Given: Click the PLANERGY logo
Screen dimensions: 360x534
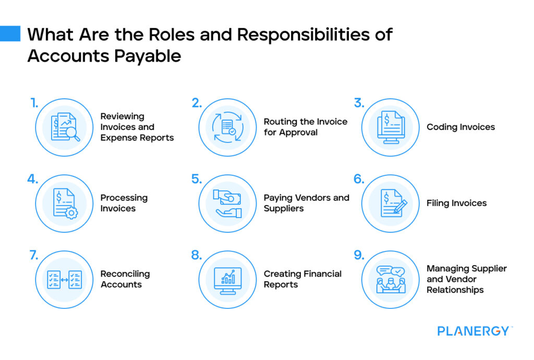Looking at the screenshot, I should tap(474, 330).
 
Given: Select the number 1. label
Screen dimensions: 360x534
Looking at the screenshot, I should tap(34, 103).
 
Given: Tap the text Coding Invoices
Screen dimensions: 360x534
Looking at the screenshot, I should tap(460, 127).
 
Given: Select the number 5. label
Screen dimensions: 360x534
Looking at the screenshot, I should tap(196, 179).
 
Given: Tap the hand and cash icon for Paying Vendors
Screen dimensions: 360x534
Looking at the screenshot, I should tap(227, 203).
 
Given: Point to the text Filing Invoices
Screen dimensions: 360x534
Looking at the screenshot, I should tap(456, 203).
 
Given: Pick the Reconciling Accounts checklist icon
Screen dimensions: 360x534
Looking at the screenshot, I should tap(64, 280).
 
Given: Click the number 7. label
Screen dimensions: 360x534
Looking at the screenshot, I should tap(33, 256).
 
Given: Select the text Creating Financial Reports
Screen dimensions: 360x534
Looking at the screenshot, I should tap(302, 279).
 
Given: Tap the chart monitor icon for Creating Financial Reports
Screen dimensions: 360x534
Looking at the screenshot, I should tap(227, 280).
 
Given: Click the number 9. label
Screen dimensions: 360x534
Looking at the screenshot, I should tap(359, 256).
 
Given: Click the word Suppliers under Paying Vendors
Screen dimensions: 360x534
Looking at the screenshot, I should tap(284, 209).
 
